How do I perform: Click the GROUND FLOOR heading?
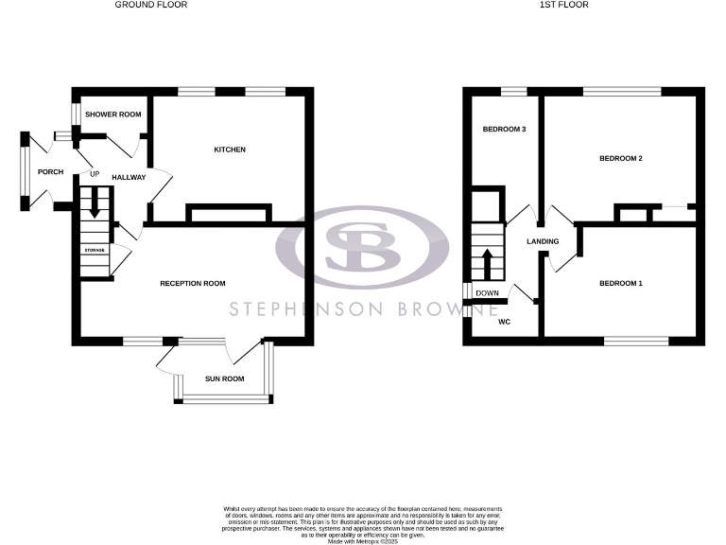point(151,5)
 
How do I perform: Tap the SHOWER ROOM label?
point(112,114)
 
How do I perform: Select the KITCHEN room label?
point(230,149)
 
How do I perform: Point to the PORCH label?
point(50,172)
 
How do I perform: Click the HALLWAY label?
point(129,177)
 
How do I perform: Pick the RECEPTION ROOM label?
point(193,283)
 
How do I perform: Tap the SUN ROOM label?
point(225,378)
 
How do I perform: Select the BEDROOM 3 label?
point(504,129)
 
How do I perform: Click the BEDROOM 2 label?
point(621,158)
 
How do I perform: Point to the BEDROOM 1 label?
point(621,283)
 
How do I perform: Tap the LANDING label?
point(544,241)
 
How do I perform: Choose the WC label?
point(503,321)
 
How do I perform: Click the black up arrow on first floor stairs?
point(488,262)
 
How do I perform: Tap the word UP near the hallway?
point(95,174)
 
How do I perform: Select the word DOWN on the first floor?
point(488,293)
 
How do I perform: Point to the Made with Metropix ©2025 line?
point(363,540)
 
